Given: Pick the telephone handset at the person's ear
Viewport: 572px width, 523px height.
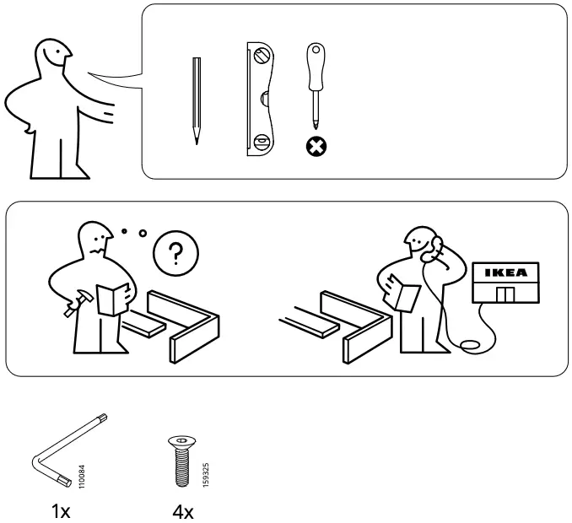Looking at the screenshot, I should pyautogui.click(x=437, y=247).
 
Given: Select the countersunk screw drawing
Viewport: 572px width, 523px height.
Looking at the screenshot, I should pyautogui.click(x=181, y=462).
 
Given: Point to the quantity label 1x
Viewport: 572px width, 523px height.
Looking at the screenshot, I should pyautogui.click(x=61, y=510).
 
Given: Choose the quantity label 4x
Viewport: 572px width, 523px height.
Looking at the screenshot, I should pyautogui.click(x=183, y=510).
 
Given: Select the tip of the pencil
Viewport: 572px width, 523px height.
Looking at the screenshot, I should pyautogui.click(x=196, y=141).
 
